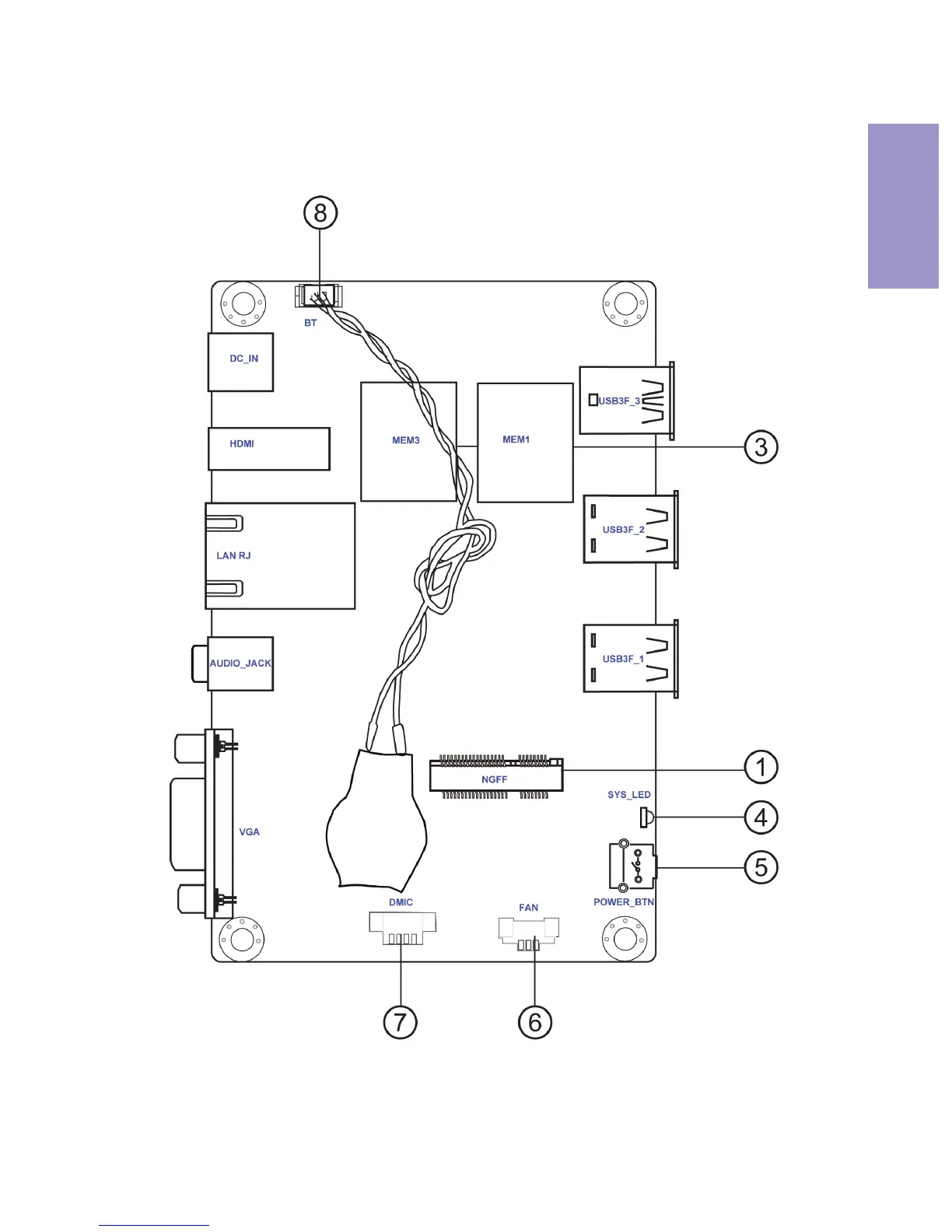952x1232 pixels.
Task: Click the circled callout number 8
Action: click(320, 212)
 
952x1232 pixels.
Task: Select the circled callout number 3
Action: click(761, 447)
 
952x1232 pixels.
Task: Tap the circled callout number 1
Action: click(761, 767)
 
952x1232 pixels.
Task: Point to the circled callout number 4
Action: click(761, 817)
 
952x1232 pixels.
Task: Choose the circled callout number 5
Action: click(761, 867)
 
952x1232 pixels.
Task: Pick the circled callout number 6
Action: click(535, 1022)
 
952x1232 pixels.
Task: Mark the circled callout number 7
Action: click(401, 1022)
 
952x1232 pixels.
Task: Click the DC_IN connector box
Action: click(240, 362)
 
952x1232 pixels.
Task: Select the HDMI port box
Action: click(269, 449)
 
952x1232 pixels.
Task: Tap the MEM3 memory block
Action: click(408, 441)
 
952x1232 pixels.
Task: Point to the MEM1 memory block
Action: click(525, 443)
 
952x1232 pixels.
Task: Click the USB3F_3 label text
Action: click(619, 401)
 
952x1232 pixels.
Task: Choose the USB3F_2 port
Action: click(630, 530)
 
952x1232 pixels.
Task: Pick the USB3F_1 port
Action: click(630, 658)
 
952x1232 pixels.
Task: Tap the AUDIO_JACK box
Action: click(240, 663)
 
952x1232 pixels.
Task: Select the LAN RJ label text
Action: click(233, 555)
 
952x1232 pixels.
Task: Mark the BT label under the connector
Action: click(310, 323)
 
